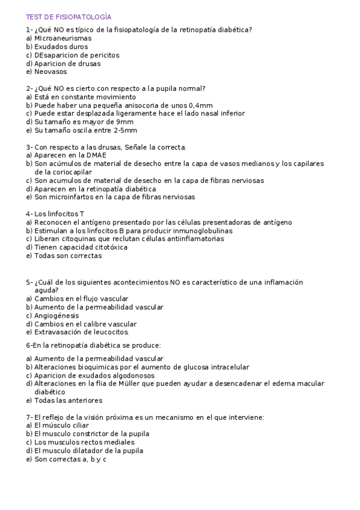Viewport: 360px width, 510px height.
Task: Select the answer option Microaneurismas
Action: click(59, 38)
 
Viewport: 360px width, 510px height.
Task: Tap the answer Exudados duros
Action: click(56, 46)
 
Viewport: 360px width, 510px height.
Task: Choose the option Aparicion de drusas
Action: click(63, 63)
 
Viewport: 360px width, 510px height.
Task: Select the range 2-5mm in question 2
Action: click(124, 130)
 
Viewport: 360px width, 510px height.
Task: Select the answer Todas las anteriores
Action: click(64, 400)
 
